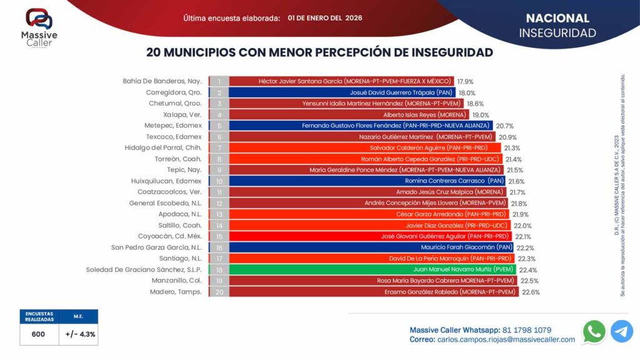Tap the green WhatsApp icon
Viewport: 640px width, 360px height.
(x=594, y=331)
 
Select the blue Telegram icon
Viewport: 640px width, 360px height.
(x=621, y=331)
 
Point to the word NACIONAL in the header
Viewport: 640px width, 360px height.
(x=557, y=18)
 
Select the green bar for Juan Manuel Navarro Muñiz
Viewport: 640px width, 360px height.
(x=371, y=269)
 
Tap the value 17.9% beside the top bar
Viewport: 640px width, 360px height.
(x=465, y=81)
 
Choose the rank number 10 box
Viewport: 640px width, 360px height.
(x=219, y=181)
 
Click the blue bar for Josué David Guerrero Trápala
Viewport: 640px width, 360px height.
(x=342, y=92)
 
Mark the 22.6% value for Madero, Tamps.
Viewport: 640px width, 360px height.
(x=531, y=292)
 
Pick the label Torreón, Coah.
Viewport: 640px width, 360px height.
(x=177, y=159)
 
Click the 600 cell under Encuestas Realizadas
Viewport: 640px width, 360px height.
(x=38, y=334)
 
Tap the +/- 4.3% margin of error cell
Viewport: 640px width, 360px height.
(x=80, y=334)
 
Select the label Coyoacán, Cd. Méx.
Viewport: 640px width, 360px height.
(x=169, y=236)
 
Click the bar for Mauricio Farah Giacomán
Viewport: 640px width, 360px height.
(x=371, y=247)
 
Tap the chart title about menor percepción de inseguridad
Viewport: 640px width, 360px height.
(x=319, y=52)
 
